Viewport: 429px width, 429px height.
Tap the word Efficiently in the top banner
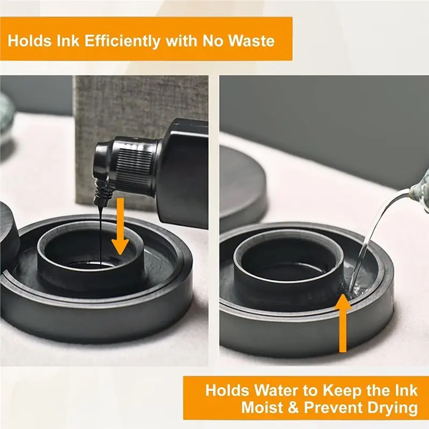coord(122,41)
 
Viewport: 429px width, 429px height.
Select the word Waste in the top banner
coord(251,41)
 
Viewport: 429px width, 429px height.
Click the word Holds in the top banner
coord(29,41)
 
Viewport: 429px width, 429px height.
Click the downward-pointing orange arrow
coord(120,226)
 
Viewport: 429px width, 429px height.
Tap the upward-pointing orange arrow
coord(342,323)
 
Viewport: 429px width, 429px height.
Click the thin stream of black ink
coord(101,235)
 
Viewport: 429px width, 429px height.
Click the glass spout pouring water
coord(420,189)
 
